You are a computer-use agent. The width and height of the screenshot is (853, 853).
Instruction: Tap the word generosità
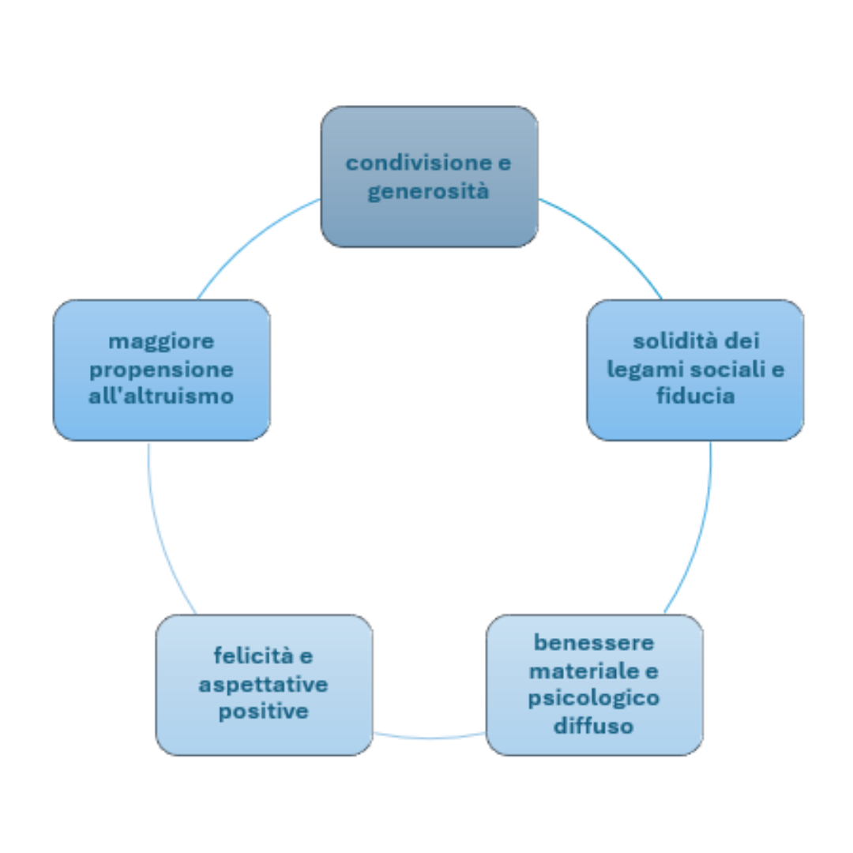point(429,191)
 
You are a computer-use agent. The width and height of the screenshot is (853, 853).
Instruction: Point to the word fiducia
point(696,395)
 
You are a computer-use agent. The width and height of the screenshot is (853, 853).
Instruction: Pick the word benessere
point(594,642)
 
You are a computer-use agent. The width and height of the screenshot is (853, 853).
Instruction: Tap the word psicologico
point(594,698)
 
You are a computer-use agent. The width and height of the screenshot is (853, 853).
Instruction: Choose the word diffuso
point(594,725)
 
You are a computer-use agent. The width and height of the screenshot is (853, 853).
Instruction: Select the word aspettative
point(263,684)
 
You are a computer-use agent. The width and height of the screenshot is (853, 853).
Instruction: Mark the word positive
point(263,711)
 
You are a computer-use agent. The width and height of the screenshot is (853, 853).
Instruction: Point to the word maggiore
point(161,341)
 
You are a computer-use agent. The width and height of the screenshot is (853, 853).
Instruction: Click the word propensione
point(161,369)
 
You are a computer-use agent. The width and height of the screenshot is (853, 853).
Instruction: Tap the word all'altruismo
point(161,395)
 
